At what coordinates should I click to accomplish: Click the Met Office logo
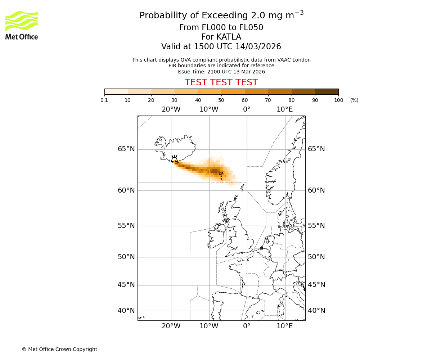(22, 25)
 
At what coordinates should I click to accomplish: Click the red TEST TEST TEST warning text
(221, 82)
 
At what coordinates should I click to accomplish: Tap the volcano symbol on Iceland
(174, 159)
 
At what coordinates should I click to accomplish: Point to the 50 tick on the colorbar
(221, 100)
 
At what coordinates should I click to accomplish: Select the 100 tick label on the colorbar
(338, 100)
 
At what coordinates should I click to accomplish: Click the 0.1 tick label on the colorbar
(104, 100)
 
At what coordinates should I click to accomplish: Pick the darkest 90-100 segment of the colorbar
(327, 91)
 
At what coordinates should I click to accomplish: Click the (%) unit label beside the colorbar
(354, 100)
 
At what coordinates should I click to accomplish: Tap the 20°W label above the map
(171, 109)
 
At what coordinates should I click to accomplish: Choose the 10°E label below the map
(284, 326)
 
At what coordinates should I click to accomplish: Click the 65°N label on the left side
(126, 149)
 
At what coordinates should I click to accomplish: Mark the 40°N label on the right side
(316, 311)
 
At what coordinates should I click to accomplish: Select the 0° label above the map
(247, 109)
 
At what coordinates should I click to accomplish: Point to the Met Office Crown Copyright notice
(59, 349)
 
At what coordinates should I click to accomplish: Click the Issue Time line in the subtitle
(221, 72)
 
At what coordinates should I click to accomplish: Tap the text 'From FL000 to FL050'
(221, 28)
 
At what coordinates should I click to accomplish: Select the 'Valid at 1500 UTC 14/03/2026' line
(221, 47)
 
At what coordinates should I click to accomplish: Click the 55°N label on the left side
(126, 226)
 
